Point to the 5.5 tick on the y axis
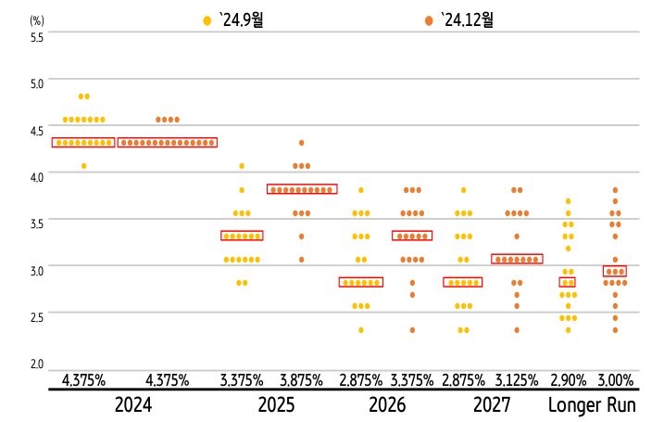point(37,36)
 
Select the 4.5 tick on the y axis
point(37,131)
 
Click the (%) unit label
point(37,19)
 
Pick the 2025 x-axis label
point(276,405)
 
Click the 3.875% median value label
point(302,380)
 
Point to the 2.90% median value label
point(567,380)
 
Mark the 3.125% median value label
point(517,380)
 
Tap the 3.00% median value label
point(615,380)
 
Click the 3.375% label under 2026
point(412,380)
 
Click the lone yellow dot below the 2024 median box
point(83,166)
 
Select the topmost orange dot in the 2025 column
point(301,143)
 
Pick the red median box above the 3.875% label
point(302,189)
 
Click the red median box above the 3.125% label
point(517,259)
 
